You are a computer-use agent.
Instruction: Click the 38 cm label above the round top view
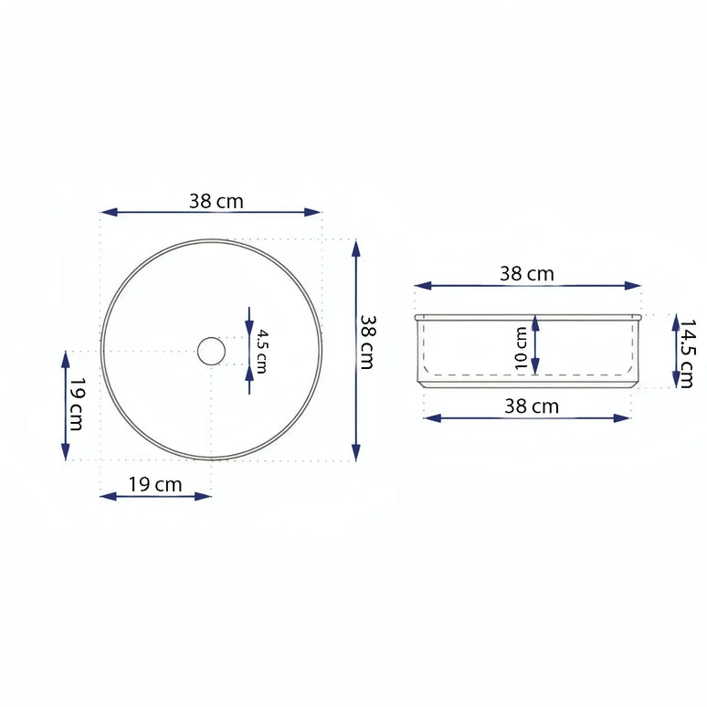[x=216, y=201]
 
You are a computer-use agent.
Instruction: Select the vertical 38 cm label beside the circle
[x=366, y=343]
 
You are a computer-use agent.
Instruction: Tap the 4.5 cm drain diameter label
[x=260, y=351]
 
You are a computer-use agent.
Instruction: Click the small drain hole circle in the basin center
[x=211, y=351]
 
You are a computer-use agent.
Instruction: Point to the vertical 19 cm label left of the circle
[x=78, y=405]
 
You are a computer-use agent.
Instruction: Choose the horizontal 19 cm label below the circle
[x=154, y=484]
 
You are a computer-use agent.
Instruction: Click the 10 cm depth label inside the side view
[x=521, y=349]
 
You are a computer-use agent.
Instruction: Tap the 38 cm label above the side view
[x=526, y=273]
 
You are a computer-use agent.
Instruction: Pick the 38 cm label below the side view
[x=532, y=406]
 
